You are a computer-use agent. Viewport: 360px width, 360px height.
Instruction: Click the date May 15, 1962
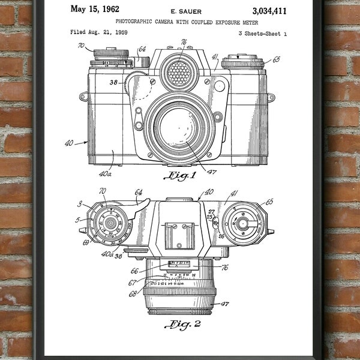[x=95, y=9]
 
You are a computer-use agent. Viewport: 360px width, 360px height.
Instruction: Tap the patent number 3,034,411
[x=269, y=10]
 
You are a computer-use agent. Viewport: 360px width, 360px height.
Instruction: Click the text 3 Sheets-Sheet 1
[x=262, y=34]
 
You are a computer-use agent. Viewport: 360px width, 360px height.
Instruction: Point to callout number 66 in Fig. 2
[x=134, y=271]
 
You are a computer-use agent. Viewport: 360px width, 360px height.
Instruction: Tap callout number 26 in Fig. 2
[x=220, y=236]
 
